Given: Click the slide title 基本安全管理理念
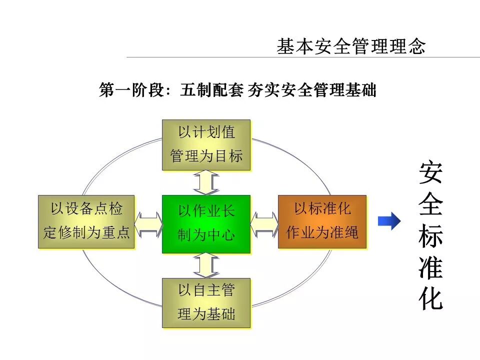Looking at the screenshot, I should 351,46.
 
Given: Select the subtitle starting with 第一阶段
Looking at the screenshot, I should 237,90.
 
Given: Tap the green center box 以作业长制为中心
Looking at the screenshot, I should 206,224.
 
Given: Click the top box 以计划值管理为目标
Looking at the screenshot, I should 206,145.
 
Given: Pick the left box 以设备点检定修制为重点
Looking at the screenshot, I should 86,221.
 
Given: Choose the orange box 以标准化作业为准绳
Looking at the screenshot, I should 322,221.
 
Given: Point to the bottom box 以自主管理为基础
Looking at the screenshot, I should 206,303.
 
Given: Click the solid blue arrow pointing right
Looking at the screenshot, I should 388,220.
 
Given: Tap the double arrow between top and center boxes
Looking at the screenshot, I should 206,182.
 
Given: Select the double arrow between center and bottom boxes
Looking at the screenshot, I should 206,265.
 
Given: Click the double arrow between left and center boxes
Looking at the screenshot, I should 148,224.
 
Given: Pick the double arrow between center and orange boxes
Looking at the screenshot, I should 264,224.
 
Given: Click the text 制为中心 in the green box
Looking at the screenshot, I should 206,234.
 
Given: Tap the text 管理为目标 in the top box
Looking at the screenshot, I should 206,156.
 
